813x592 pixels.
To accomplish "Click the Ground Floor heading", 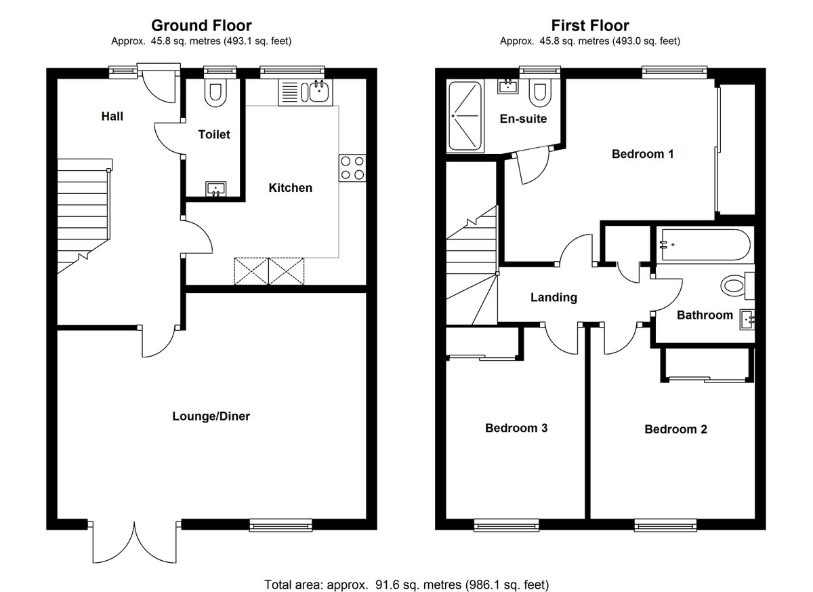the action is point(201,26).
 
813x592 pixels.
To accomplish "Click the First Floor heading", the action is point(589,26).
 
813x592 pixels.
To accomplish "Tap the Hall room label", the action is point(112,117).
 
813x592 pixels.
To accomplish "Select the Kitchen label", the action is point(291,188).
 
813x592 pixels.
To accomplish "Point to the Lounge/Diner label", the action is point(211,416).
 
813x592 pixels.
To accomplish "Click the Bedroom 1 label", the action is point(642,154).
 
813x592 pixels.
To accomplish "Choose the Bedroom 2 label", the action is point(675,429).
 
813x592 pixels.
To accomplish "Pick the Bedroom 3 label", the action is point(516,428).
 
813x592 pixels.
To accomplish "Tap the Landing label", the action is point(554,297).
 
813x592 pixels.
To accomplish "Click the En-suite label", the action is point(523,119).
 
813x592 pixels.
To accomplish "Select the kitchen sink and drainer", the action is point(304,92).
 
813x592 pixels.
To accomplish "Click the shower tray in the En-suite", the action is point(465,117).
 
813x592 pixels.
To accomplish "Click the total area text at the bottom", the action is point(406,584).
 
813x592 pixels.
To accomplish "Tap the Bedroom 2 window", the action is point(666,524).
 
